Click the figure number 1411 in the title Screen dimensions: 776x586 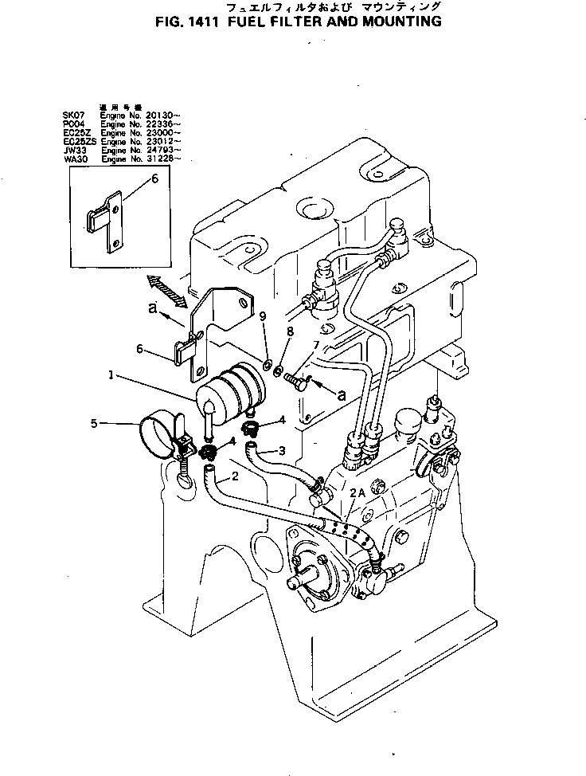[x=204, y=22]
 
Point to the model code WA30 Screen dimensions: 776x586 [x=73, y=159]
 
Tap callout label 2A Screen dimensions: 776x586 [x=355, y=493]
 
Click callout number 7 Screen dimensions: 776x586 [x=315, y=345]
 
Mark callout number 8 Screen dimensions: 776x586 [x=290, y=330]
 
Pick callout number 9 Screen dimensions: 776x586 [x=263, y=318]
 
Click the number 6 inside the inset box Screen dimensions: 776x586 [x=154, y=181]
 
